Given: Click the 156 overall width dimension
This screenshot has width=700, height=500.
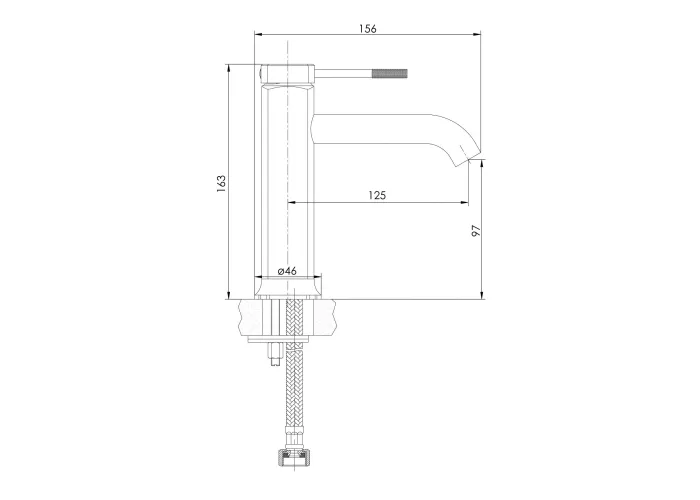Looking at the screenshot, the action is coord(368,29).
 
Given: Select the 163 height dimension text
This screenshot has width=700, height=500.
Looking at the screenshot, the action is coord(221,183).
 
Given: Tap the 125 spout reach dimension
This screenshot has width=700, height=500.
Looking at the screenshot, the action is coord(377,195).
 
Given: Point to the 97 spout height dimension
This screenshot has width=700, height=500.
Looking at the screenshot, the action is coord(477,230).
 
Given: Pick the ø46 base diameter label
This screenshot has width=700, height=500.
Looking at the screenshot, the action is coord(287,271).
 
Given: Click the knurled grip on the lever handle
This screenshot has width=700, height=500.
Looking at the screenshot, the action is coord(390,74).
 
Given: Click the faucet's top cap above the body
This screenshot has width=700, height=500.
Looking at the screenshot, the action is coord(287,74).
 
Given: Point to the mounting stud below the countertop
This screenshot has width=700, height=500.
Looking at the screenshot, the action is coord(274,355).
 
